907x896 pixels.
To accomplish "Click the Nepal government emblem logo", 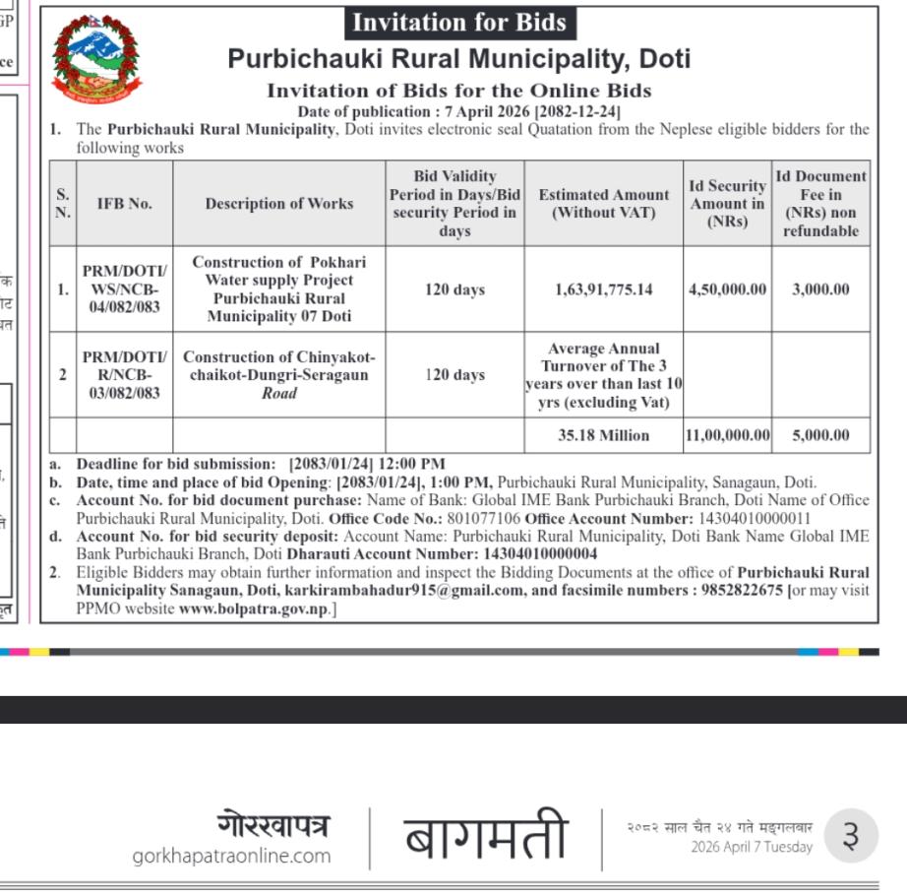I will click(x=96, y=59).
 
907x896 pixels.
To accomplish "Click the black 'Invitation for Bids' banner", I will click(x=458, y=23).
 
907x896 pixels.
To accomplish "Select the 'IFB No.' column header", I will click(x=124, y=204).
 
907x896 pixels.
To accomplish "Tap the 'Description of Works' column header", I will click(x=278, y=204).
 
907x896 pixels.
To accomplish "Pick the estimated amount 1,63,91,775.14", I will click(x=603, y=289).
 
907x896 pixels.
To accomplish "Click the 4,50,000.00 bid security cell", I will click(x=727, y=289).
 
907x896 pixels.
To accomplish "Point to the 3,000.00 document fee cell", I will click(x=820, y=289).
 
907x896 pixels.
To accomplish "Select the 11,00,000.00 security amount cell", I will click(x=727, y=435).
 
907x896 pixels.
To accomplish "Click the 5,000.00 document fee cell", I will click(x=820, y=435).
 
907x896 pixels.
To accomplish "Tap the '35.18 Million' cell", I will click(x=603, y=435).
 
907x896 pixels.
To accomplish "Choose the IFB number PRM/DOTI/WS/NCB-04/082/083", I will click(x=124, y=289).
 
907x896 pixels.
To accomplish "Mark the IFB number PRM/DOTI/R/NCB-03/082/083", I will click(x=124, y=375).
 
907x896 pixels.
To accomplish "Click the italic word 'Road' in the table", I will click(x=278, y=393).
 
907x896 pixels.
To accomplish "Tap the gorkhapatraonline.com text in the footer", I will click(x=231, y=856).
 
